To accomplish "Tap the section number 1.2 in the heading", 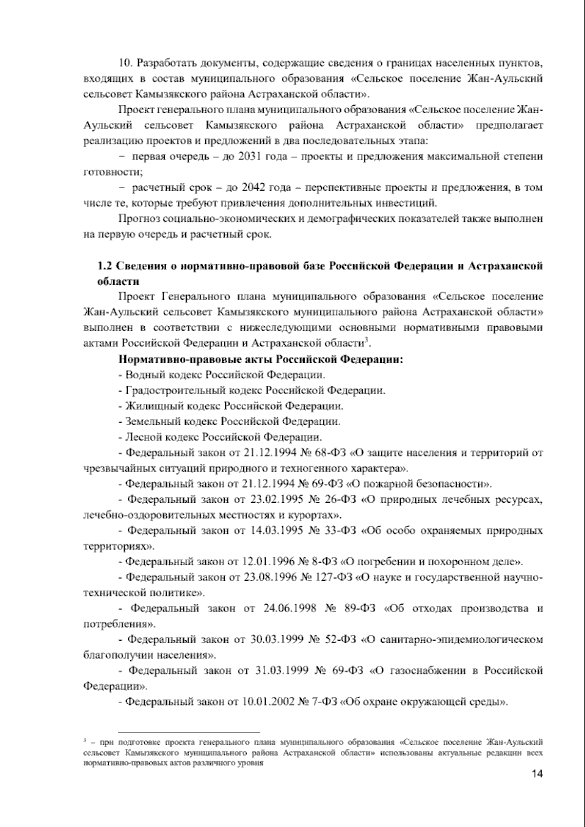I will point(105,266).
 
